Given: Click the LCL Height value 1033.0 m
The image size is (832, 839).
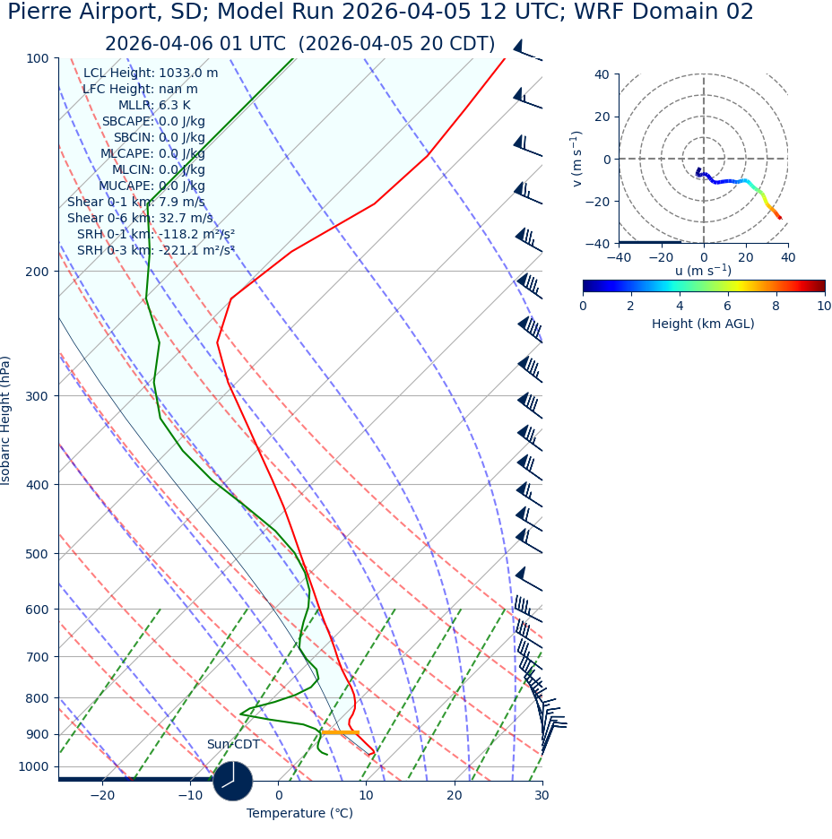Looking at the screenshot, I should pyautogui.click(x=187, y=73).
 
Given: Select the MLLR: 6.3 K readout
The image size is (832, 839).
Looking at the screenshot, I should pyautogui.click(x=154, y=105).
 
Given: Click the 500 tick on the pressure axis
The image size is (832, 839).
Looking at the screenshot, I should pyautogui.click(x=37, y=554).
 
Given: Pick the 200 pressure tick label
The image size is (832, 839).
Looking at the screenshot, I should pyautogui.click(x=37, y=271).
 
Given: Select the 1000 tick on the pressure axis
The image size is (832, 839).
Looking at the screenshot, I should pyautogui.click(x=33, y=766).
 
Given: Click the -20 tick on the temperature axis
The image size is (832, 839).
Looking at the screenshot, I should pyautogui.click(x=102, y=795).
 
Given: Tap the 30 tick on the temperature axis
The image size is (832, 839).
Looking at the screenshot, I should pyautogui.click(x=542, y=795).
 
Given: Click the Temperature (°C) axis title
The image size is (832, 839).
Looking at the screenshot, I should pyautogui.click(x=299, y=813).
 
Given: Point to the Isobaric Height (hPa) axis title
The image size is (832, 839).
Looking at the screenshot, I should pyautogui.click(x=6, y=420).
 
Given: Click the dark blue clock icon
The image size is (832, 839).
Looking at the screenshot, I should pyautogui.click(x=233, y=780).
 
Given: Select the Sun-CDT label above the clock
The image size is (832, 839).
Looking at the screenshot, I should pyautogui.click(x=233, y=744).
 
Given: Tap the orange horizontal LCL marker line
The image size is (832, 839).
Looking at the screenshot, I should pyautogui.click(x=341, y=732).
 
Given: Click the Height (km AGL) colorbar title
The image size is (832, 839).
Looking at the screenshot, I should pyautogui.click(x=703, y=324).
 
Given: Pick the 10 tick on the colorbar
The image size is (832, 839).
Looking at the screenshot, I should pyautogui.click(x=824, y=306).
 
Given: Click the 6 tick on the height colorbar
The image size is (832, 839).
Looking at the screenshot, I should pyautogui.click(x=728, y=306).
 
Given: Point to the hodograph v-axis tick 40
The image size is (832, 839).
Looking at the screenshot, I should pyautogui.click(x=602, y=74).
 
